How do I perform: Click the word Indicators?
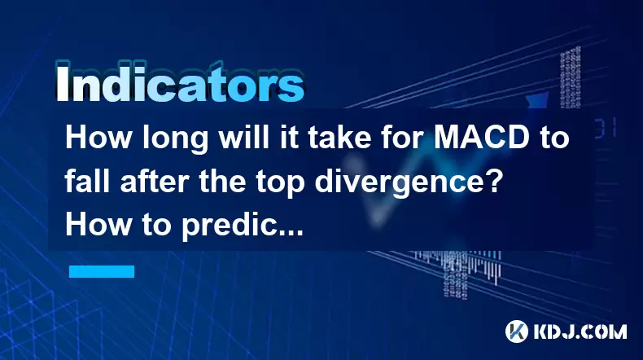tap(180, 82)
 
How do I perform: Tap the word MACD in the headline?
tap(481, 138)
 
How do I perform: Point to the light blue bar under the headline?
tap(102, 271)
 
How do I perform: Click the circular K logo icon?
tap(516, 331)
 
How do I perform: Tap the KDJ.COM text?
tap(580, 331)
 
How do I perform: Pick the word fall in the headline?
tap(87, 182)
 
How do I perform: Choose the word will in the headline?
tap(243, 138)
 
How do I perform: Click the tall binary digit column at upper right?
tap(571, 77)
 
